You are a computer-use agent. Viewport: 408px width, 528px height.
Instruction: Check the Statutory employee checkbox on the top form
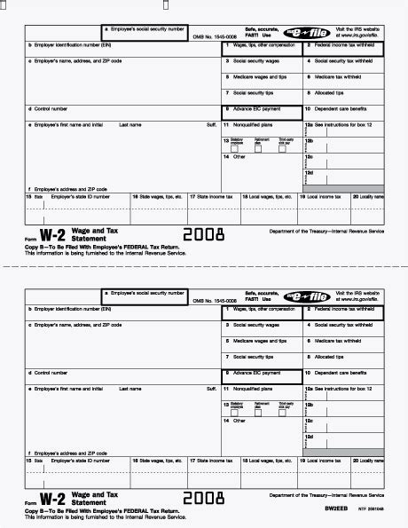point(233,148)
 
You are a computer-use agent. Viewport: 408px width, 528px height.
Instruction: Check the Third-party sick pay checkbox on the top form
point(283,148)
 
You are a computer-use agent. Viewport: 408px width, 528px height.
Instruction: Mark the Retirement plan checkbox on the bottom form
point(258,414)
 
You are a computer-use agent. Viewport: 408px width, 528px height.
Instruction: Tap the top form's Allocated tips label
point(331,92)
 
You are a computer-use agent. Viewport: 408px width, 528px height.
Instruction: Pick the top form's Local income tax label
point(325,195)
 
